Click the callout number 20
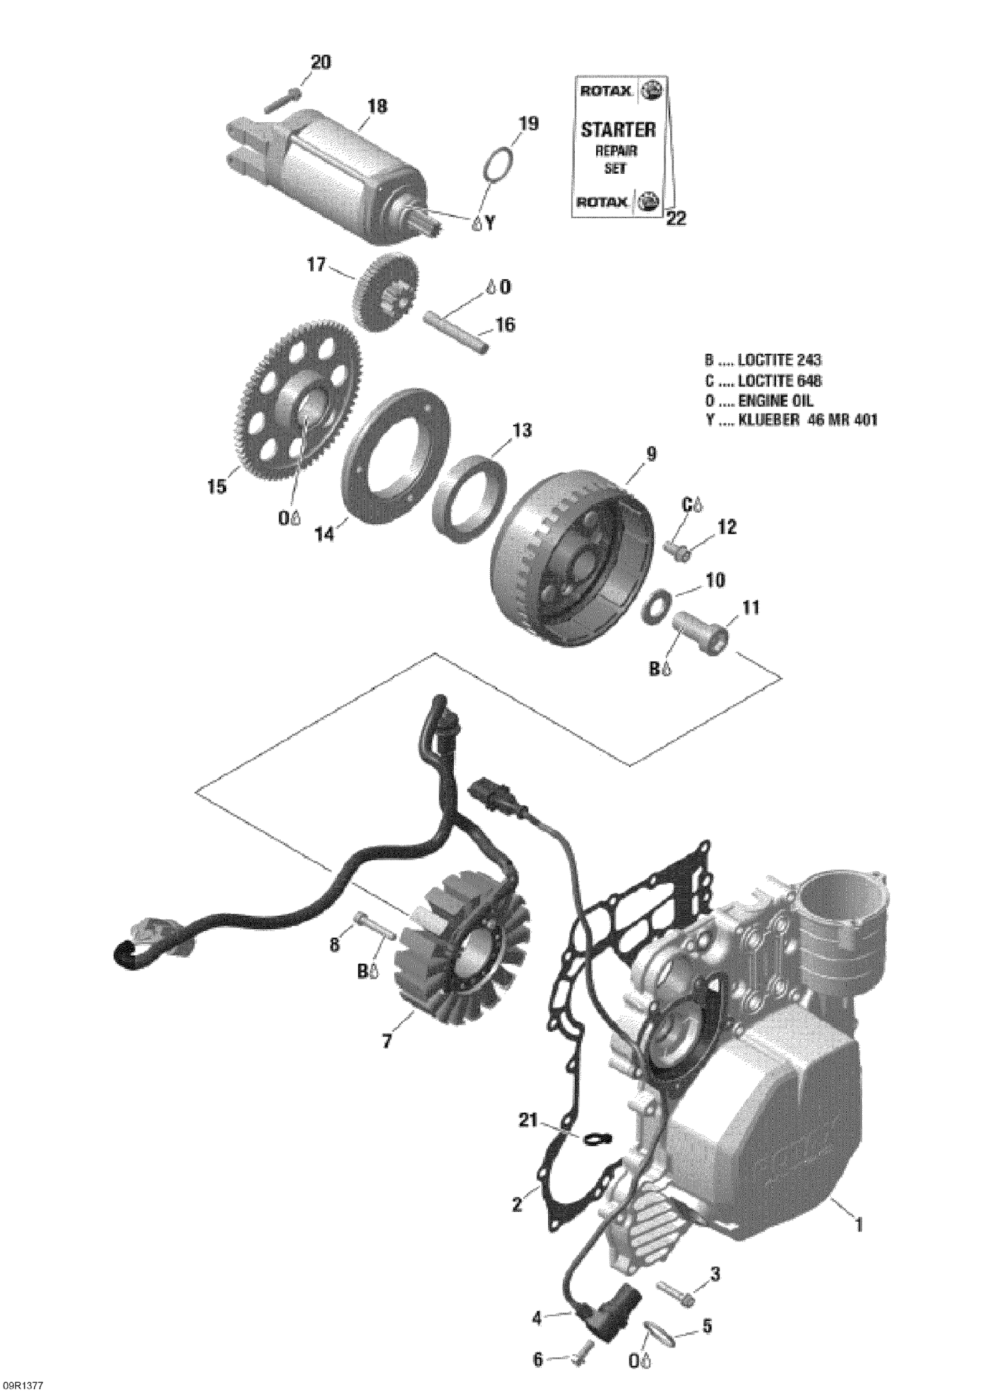click(x=321, y=62)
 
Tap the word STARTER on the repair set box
click(x=618, y=129)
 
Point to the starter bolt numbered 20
click(x=282, y=101)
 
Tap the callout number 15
click(x=216, y=485)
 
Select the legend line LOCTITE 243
click(x=763, y=360)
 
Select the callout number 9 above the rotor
click(x=651, y=454)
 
